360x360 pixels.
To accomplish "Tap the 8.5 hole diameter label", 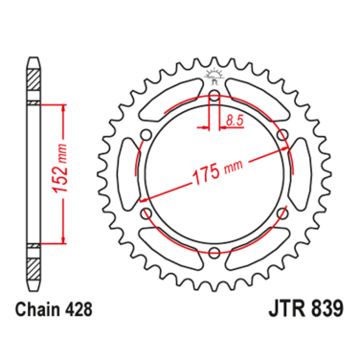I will tap(236, 120).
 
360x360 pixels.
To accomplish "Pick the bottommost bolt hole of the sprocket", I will tap(214, 255).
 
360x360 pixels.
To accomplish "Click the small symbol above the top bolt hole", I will tap(214, 79).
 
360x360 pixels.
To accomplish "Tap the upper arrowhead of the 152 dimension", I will tap(64, 107).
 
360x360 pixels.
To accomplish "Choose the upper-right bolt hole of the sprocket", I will tap(283, 136).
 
